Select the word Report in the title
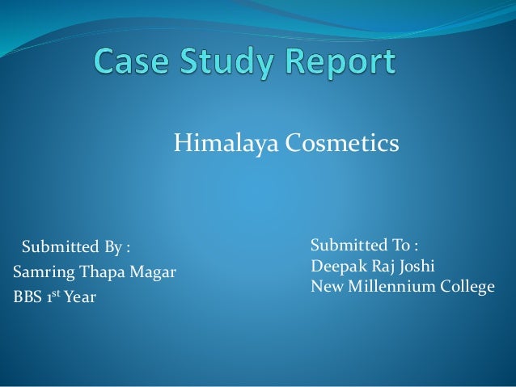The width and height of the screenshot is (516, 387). [343, 63]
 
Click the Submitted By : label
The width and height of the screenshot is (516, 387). [75, 246]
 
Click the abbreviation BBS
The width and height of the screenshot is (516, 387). [27, 297]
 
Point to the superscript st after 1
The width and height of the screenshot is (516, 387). [56, 294]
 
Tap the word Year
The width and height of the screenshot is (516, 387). [80, 297]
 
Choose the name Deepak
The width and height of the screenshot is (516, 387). [335, 266]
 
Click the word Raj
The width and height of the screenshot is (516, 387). [379, 266]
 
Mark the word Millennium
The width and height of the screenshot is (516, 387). [388, 286]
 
